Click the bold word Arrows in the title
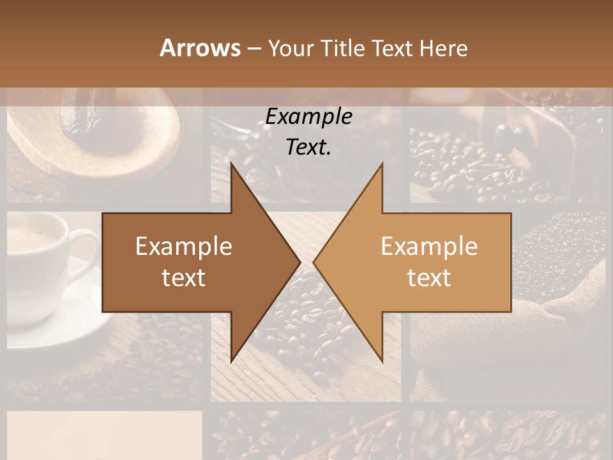[200, 48]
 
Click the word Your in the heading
[291, 48]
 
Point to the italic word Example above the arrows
[308, 116]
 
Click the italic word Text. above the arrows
[308, 147]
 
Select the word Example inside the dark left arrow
[183, 247]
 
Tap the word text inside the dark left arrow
[183, 278]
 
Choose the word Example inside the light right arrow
[429, 247]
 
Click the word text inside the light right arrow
[429, 278]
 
